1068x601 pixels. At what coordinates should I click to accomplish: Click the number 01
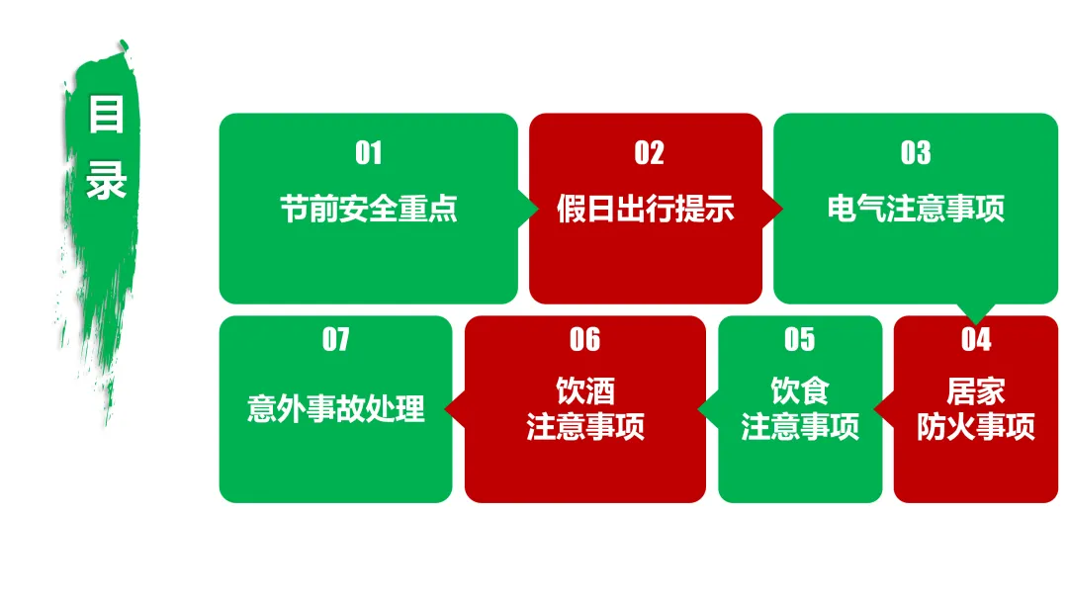368,153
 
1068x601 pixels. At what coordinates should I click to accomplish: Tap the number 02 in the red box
649,153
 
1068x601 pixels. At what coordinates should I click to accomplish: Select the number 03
916,153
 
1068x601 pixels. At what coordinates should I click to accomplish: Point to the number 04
976,340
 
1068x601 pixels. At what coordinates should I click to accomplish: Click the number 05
799,340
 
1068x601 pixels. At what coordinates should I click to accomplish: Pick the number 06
584,340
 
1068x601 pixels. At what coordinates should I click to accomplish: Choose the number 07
336,340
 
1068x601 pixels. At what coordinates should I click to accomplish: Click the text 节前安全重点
368,210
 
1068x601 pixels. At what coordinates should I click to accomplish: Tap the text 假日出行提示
645,210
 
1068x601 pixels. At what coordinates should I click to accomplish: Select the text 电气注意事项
916,210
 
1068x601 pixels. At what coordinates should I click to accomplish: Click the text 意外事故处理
336,408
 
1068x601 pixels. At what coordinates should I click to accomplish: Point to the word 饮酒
585,391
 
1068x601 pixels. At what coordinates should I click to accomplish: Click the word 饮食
800,391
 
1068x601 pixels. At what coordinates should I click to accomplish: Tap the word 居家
976,391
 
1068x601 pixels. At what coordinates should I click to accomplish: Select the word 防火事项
976,427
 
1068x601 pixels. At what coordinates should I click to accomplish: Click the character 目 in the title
107,116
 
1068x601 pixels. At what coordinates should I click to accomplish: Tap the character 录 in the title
107,180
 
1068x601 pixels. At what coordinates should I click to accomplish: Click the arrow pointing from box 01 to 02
529,209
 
